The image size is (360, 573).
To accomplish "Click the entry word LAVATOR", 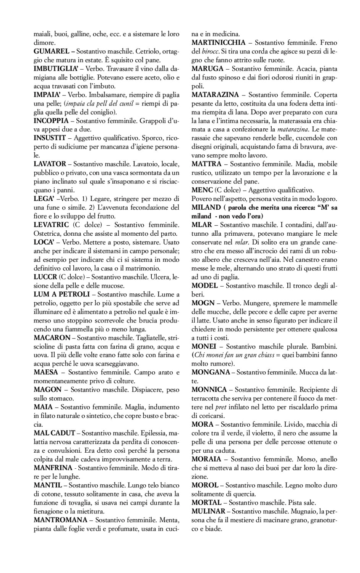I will tap(50, 164).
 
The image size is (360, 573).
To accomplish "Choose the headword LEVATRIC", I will tap(51, 225).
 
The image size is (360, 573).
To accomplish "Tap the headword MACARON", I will tap(52, 337).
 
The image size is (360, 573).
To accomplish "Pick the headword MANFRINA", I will tap(53, 468).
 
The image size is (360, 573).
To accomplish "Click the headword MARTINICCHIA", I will tap(219, 42).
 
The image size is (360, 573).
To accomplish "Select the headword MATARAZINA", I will tap(215, 95).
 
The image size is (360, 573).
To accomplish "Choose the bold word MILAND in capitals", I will tap(206, 207).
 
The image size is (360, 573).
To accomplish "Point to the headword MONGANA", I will tap(211, 372).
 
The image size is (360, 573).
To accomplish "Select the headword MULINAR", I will tap(209, 511).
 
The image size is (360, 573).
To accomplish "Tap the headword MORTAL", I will tap(206, 502).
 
